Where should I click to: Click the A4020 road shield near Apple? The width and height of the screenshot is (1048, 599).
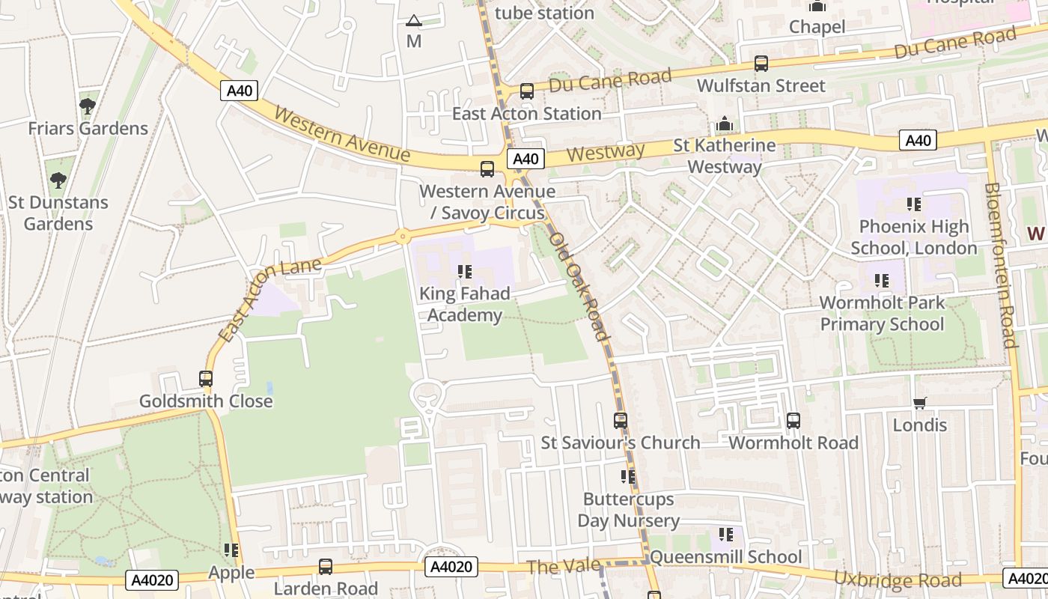[153, 580]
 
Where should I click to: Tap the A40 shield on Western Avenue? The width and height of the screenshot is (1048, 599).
[240, 91]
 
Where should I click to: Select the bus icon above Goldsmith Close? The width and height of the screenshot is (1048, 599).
[206, 379]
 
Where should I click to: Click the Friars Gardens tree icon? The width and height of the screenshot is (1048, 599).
[88, 106]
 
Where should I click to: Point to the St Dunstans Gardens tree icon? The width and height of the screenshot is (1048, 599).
[58, 180]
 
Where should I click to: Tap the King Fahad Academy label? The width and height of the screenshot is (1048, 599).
[464, 304]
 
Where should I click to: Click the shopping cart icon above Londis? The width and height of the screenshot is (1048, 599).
[920, 403]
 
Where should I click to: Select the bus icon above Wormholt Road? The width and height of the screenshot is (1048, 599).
[793, 421]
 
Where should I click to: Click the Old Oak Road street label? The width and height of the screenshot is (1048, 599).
[578, 286]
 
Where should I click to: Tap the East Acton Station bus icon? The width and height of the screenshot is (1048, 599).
[527, 91]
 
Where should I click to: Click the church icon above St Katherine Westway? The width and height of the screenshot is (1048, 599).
[724, 124]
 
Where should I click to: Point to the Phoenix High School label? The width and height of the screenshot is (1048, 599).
[913, 237]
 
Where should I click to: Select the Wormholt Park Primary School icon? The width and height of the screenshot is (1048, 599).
[882, 281]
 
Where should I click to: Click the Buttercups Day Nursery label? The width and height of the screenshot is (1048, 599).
[628, 509]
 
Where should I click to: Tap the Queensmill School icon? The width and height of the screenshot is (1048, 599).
[725, 535]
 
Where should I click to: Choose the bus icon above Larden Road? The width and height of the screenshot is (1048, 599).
[326, 566]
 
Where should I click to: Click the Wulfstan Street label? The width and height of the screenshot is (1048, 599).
[761, 85]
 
